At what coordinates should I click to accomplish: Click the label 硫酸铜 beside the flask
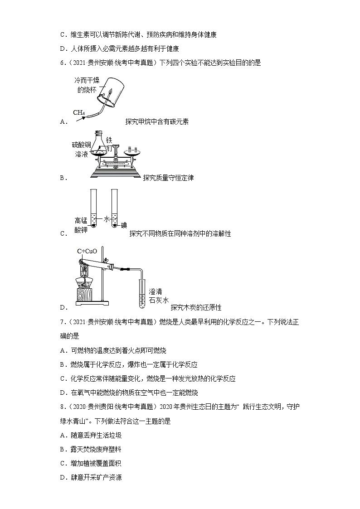click(x=82, y=145)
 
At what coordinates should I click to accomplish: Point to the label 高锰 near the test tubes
click(x=81, y=221)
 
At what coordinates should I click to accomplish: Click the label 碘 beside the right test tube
click(x=124, y=225)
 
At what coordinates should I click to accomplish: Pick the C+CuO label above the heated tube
click(x=87, y=251)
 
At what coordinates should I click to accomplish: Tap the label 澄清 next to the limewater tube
click(x=156, y=291)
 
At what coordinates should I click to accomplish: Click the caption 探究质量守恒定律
click(x=168, y=178)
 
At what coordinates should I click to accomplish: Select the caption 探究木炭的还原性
click(x=196, y=307)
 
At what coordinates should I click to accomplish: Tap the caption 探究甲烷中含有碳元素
click(x=157, y=121)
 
